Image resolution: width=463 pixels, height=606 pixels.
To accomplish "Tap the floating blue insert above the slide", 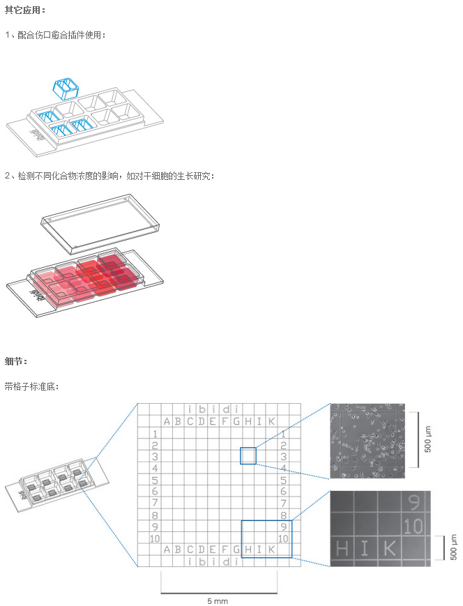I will (66, 89).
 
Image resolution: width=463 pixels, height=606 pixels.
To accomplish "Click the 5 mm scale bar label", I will (218, 600).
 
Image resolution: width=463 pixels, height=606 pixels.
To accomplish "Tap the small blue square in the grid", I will (248, 456).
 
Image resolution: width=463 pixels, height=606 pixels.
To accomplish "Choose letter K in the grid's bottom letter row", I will (271, 550).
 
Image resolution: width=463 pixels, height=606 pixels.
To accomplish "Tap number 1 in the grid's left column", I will (155, 434).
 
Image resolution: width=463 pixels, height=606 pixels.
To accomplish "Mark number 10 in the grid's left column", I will (155, 538).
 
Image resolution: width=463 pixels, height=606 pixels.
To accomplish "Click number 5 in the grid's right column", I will (283, 480).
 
